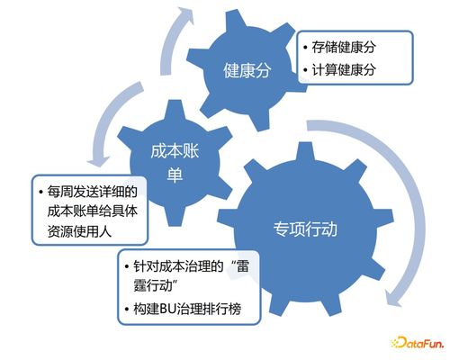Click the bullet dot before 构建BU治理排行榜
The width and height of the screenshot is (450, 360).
click(x=128, y=310)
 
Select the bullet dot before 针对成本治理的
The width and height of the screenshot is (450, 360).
click(x=128, y=267)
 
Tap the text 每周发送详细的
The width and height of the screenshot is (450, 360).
click(x=94, y=193)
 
